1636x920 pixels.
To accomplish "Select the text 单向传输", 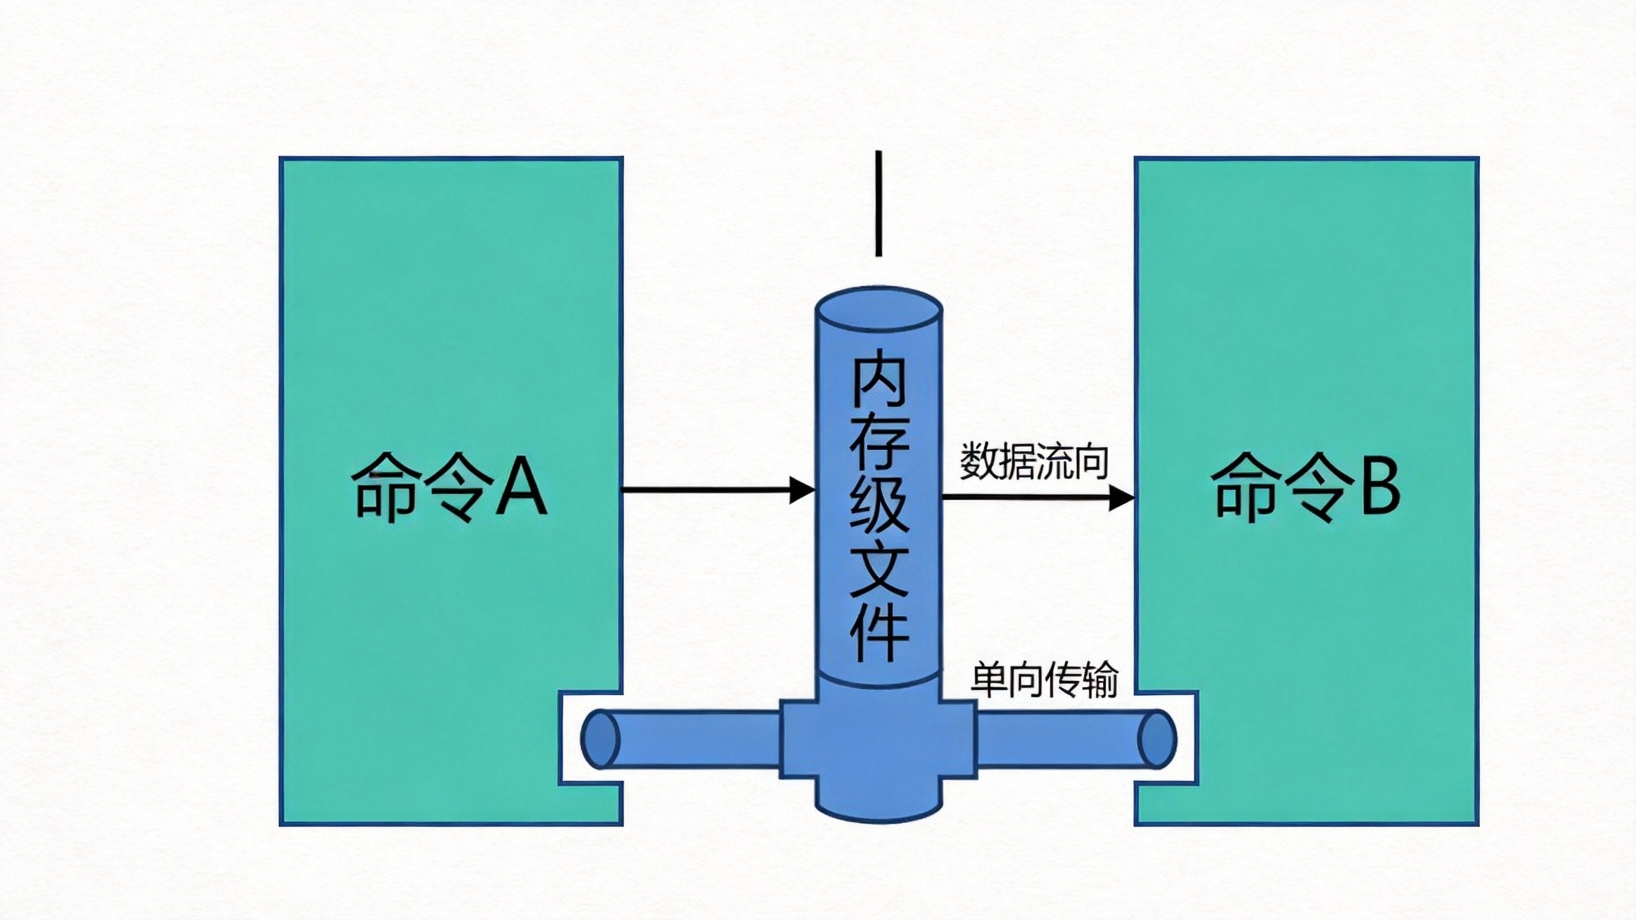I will (x=1044, y=680).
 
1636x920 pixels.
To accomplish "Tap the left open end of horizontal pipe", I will (x=600, y=739).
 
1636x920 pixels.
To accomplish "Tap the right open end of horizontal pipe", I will (x=1158, y=739).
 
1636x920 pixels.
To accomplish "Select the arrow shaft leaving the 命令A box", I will (x=703, y=490).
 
